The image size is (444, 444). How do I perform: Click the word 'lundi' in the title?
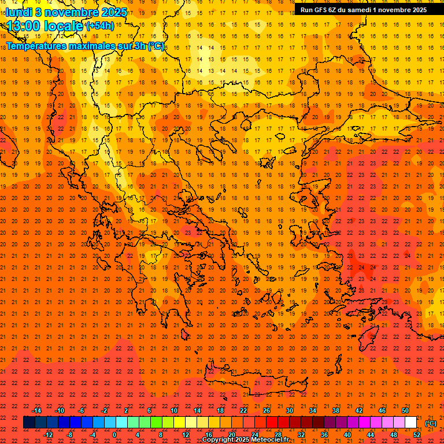click(x=19, y=12)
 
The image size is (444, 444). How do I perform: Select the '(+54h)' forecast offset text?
click(x=100, y=26)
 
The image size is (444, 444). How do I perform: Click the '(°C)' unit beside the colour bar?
click(x=431, y=423)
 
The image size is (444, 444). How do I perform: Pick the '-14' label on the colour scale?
click(x=37, y=410)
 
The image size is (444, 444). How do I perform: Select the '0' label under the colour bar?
click(x=114, y=435)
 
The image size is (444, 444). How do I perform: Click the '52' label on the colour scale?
click(x=417, y=435)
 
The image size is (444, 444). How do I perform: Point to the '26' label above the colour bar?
click(x=267, y=410)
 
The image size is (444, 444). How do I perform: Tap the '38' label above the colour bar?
click(x=336, y=410)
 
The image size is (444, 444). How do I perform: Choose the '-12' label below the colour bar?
click(x=49, y=435)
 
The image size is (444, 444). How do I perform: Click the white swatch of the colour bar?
click(x=410, y=423)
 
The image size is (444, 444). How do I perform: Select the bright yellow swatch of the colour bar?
click(x=179, y=423)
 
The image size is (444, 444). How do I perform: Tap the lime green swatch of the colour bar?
click(x=156, y=423)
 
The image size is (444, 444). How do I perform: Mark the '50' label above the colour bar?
click(x=405, y=410)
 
